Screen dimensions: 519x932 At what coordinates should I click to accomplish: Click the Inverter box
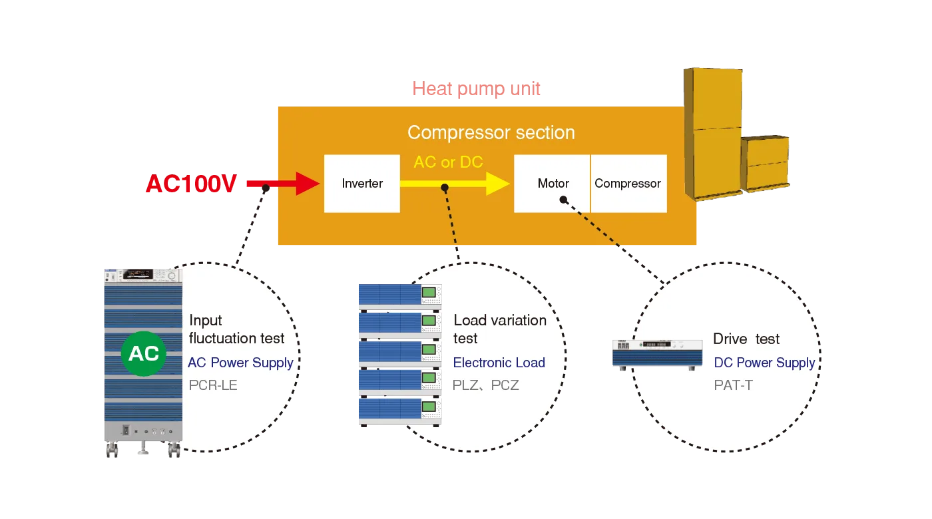coord(361,184)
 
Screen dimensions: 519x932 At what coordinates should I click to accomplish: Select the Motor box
coord(552,184)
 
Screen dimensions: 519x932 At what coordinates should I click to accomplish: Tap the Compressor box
coord(628,184)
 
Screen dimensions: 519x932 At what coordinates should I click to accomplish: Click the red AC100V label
coord(191,184)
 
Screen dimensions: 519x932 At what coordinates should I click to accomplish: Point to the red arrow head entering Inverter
coord(308,184)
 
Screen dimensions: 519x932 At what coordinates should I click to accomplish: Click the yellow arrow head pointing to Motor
coord(498,184)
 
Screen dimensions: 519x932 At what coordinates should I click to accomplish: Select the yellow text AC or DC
coord(448,162)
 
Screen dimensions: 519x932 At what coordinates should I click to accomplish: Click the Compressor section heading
coord(491,132)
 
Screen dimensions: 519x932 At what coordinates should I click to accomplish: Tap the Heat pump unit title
coord(476,88)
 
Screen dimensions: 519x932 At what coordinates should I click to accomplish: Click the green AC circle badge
coord(144,353)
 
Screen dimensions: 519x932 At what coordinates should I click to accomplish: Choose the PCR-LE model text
coord(213,385)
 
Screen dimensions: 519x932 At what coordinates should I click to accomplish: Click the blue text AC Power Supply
coord(240,363)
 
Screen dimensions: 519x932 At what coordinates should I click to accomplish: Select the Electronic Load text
coord(499,363)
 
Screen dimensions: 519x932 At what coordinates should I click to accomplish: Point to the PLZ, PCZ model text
coord(485,385)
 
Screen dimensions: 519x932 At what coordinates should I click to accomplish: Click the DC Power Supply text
coord(764,363)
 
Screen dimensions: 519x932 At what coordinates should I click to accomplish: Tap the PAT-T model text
coord(733,385)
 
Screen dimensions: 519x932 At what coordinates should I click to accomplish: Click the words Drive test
coord(746,339)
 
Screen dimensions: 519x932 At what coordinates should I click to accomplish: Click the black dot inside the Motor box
coord(563,199)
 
